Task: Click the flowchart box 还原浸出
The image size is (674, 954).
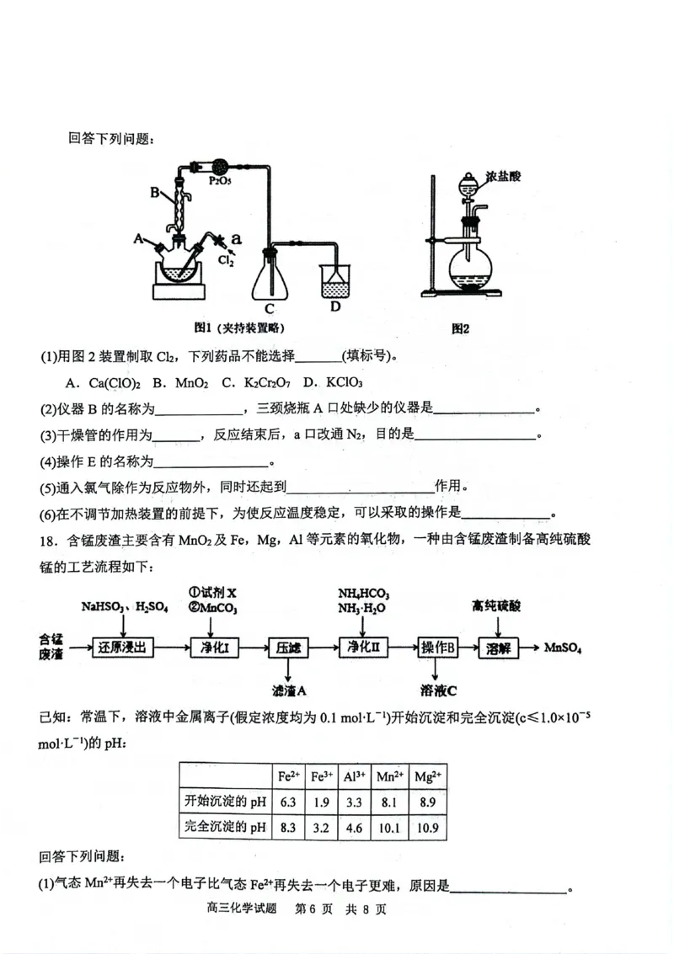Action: (122, 648)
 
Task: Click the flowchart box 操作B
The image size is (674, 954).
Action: (437, 648)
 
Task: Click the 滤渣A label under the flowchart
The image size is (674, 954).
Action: (288, 690)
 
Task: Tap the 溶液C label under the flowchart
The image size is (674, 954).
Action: (438, 690)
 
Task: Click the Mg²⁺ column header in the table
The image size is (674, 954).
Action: (428, 776)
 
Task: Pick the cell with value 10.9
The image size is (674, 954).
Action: (428, 827)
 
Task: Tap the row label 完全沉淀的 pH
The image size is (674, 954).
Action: (225, 827)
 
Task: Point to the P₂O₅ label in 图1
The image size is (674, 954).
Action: (221, 180)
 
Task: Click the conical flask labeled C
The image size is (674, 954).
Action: (271, 278)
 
